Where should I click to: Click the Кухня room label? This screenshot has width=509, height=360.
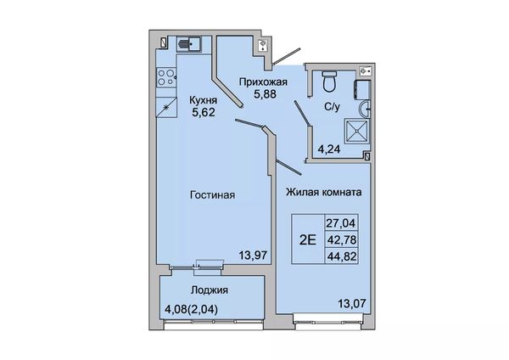pyautogui.click(x=204, y=101)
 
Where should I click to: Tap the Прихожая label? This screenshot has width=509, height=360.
pyautogui.click(x=263, y=82)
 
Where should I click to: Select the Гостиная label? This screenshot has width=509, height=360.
pyautogui.click(x=212, y=195)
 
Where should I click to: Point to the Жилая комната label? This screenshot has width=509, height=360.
pyautogui.click(x=324, y=192)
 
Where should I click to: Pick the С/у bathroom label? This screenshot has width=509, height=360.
pyautogui.click(x=332, y=107)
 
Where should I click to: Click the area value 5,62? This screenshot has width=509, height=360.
pyautogui.click(x=204, y=112)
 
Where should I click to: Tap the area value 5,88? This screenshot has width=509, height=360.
pyautogui.click(x=265, y=94)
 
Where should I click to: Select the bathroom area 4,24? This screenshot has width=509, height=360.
pyautogui.click(x=329, y=149)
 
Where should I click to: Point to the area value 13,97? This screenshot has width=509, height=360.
pyautogui.click(x=253, y=255)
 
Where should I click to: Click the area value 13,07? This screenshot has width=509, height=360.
pyautogui.click(x=352, y=304)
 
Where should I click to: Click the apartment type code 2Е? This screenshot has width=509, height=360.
pyautogui.click(x=307, y=239)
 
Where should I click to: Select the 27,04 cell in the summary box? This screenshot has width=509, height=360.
pyautogui.click(x=342, y=223)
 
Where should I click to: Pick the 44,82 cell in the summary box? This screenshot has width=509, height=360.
pyautogui.click(x=342, y=256)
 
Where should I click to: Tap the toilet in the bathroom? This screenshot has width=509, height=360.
pyautogui.click(x=331, y=81)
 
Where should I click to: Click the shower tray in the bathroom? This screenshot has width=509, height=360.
pyautogui.click(x=357, y=131)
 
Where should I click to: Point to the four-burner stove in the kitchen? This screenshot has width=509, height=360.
pyautogui.click(x=166, y=77)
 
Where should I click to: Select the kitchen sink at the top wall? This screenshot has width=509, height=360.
pyautogui.click(x=189, y=44)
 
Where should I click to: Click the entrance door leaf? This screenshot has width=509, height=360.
pyautogui.click(x=286, y=57)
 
